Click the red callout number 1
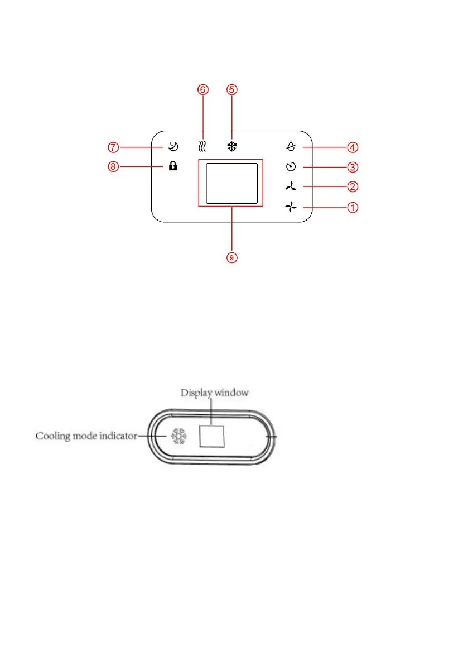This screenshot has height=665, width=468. [x=353, y=208]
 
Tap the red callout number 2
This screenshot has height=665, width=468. [x=353, y=186]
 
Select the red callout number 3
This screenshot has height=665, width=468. [x=353, y=166]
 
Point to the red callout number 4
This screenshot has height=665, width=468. [x=353, y=147]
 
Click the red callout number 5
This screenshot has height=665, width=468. [x=232, y=89]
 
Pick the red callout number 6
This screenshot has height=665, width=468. [x=203, y=89]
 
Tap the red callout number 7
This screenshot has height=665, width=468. [x=113, y=147]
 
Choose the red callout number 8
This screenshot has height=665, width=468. [x=113, y=166]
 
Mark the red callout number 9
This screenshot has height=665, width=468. [x=232, y=257]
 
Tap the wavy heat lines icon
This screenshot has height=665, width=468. [x=203, y=147]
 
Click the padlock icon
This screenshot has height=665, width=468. [x=173, y=166]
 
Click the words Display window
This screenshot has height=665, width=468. [x=215, y=393]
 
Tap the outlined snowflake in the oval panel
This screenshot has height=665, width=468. [x=177, y=436]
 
